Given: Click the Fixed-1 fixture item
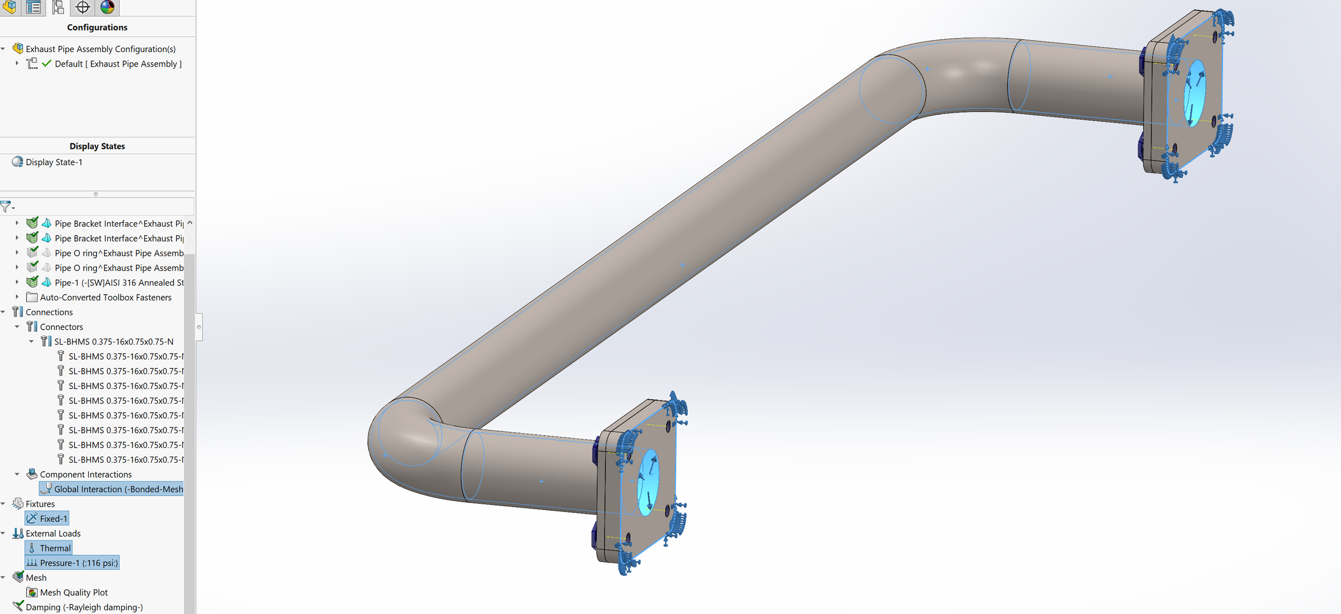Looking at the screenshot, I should pos(53,518).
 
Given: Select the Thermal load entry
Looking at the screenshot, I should pos(55,548).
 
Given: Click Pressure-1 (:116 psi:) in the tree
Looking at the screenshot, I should pos(78,562).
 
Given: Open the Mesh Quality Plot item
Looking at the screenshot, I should pos(73,593).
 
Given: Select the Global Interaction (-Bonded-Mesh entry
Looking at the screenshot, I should pos(118,489).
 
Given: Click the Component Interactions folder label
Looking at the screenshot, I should pos(85,474).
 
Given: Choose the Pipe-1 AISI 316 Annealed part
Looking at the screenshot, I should pos(119,282).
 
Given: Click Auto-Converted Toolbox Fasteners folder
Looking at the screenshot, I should pos(105,297).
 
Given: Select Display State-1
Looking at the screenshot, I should pos(54,162).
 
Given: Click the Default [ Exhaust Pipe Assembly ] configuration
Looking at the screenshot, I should pos(118,64).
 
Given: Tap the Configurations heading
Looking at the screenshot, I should pos(97,27).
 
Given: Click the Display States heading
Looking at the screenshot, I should pos(97,146).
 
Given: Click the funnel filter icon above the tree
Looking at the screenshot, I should pos(6,206).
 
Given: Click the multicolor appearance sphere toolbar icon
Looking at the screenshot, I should pos(107,7).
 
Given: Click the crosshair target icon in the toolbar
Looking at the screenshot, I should pos(83,7).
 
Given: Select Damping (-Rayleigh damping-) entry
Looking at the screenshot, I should pos(84,607).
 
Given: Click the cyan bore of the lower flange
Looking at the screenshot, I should pos(648,482).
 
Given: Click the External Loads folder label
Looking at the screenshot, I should pos(53,533).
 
